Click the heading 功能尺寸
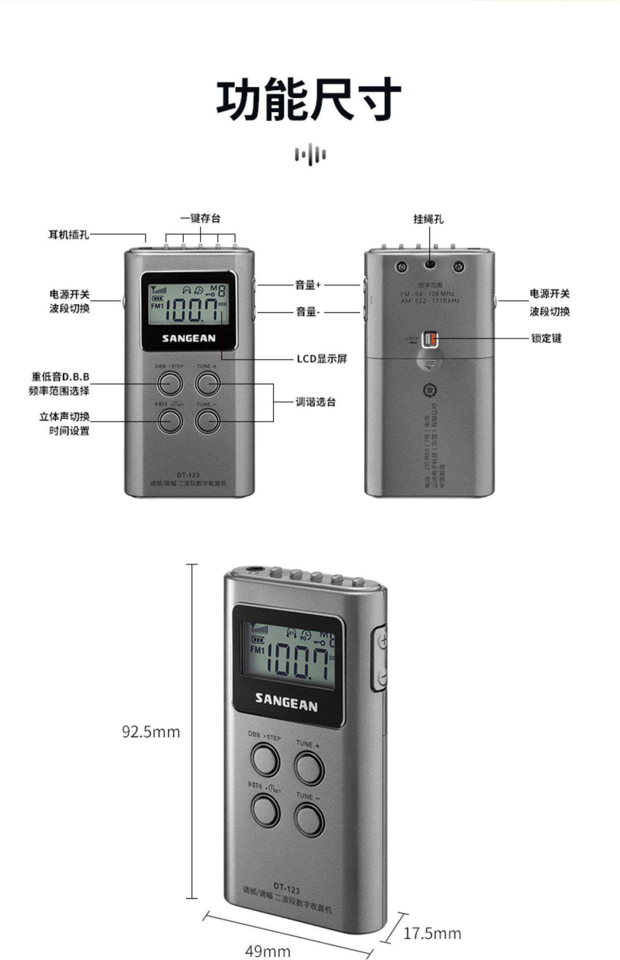coord(309,99)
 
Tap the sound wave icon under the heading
coord(310,155)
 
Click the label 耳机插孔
coord(69,235)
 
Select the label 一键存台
coord(200,218)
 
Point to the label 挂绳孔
coord(429,219)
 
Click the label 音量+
coord(308,285)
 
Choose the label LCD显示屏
coord(322,358)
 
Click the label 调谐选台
coord(315,402)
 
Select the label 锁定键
coord(546,338)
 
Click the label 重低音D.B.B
coord(60,377)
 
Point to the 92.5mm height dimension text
coord(151,731)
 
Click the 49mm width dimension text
coord(268,951)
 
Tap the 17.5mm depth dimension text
coord(432,933)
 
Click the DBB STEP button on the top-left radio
coord(170,383)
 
